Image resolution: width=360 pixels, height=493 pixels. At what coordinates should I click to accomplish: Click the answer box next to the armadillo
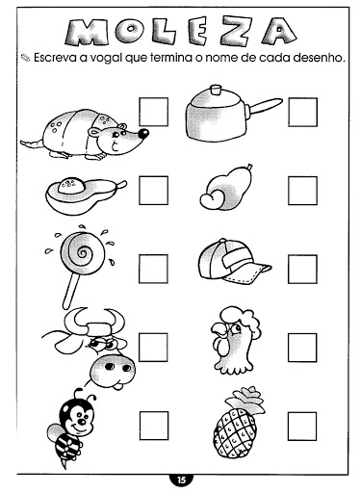pyautogui.click(x=153, y=112)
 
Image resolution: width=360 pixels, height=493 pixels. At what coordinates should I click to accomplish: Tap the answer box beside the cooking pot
pyautogui.click(x=302, y=112)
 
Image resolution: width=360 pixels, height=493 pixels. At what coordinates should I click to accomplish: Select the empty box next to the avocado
pyautogui.click(x=153, y=191)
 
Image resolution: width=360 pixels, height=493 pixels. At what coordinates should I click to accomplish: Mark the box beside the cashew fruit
pyautogui.click(x=302, y=191)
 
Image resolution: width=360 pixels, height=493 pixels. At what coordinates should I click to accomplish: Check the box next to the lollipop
pyautogui.click(x=153, y=269)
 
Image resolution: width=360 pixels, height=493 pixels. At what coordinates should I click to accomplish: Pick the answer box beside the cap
pyautogui.click(x=302, y=269)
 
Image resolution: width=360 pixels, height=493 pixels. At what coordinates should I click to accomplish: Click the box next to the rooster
pyautogui.click(x=302, y=348)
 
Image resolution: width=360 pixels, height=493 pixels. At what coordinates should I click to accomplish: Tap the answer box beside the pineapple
pyautogui.click(x=302, y=426)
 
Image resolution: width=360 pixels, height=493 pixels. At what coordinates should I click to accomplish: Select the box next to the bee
pyautogui.click(x=154, y=426)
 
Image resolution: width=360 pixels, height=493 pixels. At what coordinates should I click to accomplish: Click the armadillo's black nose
pyautogui.click(x=143, y=133)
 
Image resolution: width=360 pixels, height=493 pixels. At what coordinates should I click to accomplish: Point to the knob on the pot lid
pyautogui.click(x=216, y=90)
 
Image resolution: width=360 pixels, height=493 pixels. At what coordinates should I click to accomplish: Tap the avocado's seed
pyautogui.click(x=71, y=185)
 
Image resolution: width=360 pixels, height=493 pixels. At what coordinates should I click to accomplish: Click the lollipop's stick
pyautogui.click(x=70, y=292)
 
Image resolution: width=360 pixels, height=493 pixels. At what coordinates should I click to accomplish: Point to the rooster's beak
pyautogui.click(x=218, y=330)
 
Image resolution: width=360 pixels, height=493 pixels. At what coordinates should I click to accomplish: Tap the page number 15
pyautogui.click(x=181, y=480)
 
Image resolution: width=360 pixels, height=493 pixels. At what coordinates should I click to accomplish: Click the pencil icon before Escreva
pyautogui.click(x=25, y=58)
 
